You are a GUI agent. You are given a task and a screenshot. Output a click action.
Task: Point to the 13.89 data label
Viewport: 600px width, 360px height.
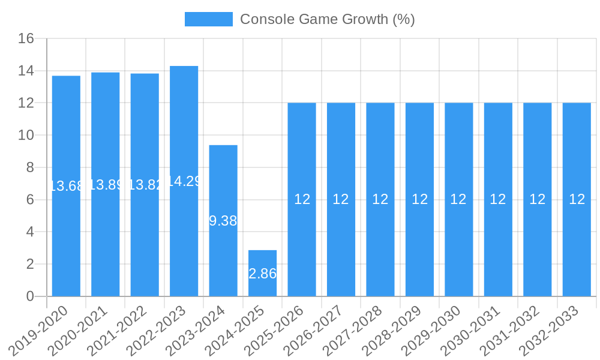106,185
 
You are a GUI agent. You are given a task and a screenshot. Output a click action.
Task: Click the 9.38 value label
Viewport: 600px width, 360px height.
223,221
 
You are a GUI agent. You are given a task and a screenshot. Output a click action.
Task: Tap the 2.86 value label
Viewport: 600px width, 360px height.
262,274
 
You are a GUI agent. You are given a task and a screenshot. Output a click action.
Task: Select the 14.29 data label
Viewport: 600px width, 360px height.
184,181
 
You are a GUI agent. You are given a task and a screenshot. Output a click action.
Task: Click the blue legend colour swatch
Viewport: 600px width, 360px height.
208,19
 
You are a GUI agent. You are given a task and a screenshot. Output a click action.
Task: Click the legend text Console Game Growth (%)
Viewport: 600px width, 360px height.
327,19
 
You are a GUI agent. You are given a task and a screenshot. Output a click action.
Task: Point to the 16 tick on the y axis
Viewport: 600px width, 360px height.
26,39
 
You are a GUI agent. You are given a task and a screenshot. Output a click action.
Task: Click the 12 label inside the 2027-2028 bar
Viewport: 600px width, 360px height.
380,199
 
